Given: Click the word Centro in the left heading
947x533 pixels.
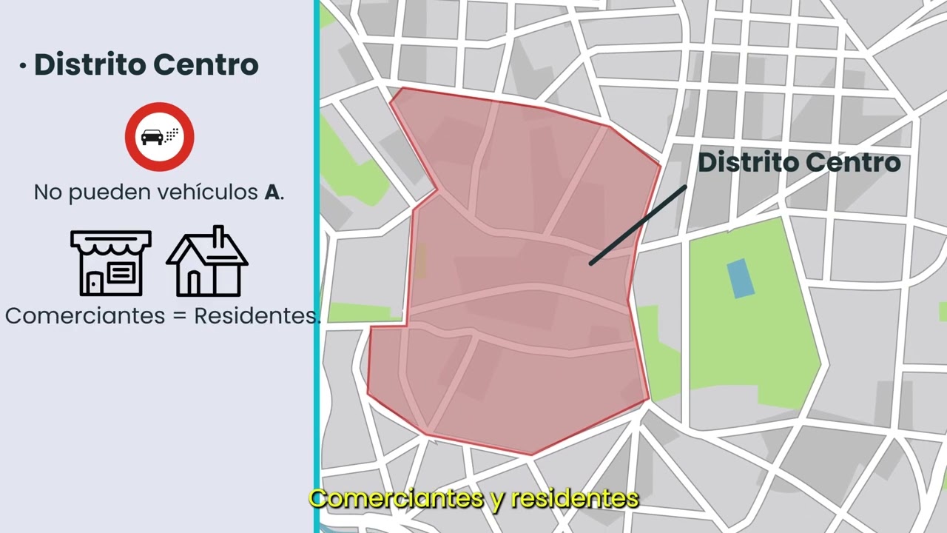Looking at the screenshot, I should (x=206, y=64).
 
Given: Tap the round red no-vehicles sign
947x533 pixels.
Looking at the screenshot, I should (x=159, y=137).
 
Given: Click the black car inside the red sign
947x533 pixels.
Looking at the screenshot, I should (x=153, y=137).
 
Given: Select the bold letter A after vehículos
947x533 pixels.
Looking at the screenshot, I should (x=272, y=193).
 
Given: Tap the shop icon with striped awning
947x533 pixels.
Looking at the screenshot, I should (x=111, y=263).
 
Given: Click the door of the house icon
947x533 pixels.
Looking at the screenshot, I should (x=194, y=283).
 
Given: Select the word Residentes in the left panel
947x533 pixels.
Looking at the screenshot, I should (x=256, y=316).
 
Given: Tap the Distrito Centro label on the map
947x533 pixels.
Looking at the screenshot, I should (x=799, y=162).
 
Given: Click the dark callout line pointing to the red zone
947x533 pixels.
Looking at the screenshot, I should (x=638, y=225).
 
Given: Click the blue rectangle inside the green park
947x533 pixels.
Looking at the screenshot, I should (x=741, y=278).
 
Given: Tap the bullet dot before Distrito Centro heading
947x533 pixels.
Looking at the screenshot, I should (x=23, y=67).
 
